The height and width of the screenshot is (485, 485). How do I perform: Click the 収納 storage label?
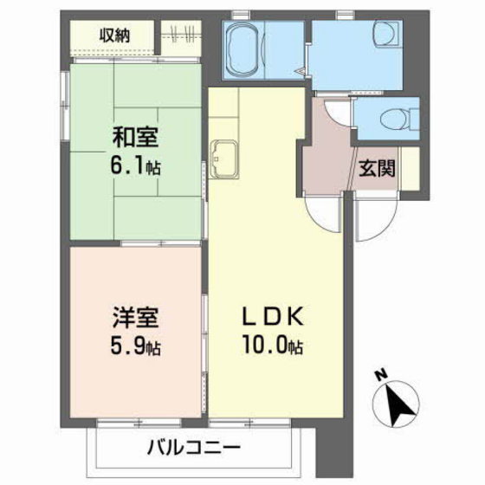click(114, 36)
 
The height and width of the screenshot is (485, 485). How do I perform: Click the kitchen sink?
click(224, 159)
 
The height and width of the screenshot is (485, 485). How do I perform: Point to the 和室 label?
click(135, 138)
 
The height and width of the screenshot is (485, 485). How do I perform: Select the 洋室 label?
click(135, 318)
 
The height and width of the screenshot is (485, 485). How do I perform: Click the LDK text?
click(273, 317)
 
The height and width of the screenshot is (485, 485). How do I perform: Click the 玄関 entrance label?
click(377, 169)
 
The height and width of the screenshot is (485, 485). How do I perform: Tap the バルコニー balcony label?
click(194, 447)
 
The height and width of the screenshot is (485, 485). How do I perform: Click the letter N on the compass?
click(382, 374)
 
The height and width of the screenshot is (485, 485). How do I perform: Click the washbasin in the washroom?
click(387, 34)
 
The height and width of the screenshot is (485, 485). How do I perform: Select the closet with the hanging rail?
click(181, 38)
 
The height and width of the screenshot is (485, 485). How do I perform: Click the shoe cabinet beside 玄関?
click(411, 169)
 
